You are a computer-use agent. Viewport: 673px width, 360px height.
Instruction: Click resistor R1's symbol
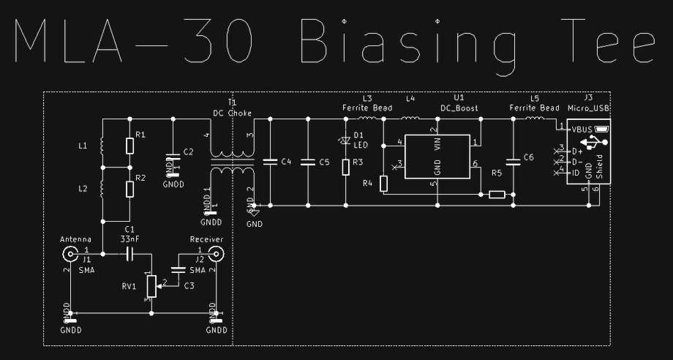pos(129,146)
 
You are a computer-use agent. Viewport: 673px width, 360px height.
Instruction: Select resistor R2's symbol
pos(129,188)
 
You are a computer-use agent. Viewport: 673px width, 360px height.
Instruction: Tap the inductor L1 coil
pos(102,146)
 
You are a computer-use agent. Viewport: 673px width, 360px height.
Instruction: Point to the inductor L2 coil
pos(102,188)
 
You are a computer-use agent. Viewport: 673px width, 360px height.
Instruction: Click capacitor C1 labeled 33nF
pos(130,254)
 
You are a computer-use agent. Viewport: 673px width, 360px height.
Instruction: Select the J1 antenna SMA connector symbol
pos(71,254)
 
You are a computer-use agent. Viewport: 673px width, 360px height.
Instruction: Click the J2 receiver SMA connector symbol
pos(216,254)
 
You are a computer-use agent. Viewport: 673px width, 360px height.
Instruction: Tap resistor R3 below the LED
pos(346,168)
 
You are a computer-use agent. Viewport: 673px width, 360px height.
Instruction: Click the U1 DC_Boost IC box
pos(437,156)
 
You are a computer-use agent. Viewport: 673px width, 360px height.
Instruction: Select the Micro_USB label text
pos(590,108)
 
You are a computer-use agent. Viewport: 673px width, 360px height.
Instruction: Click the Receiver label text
pos(206,239)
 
